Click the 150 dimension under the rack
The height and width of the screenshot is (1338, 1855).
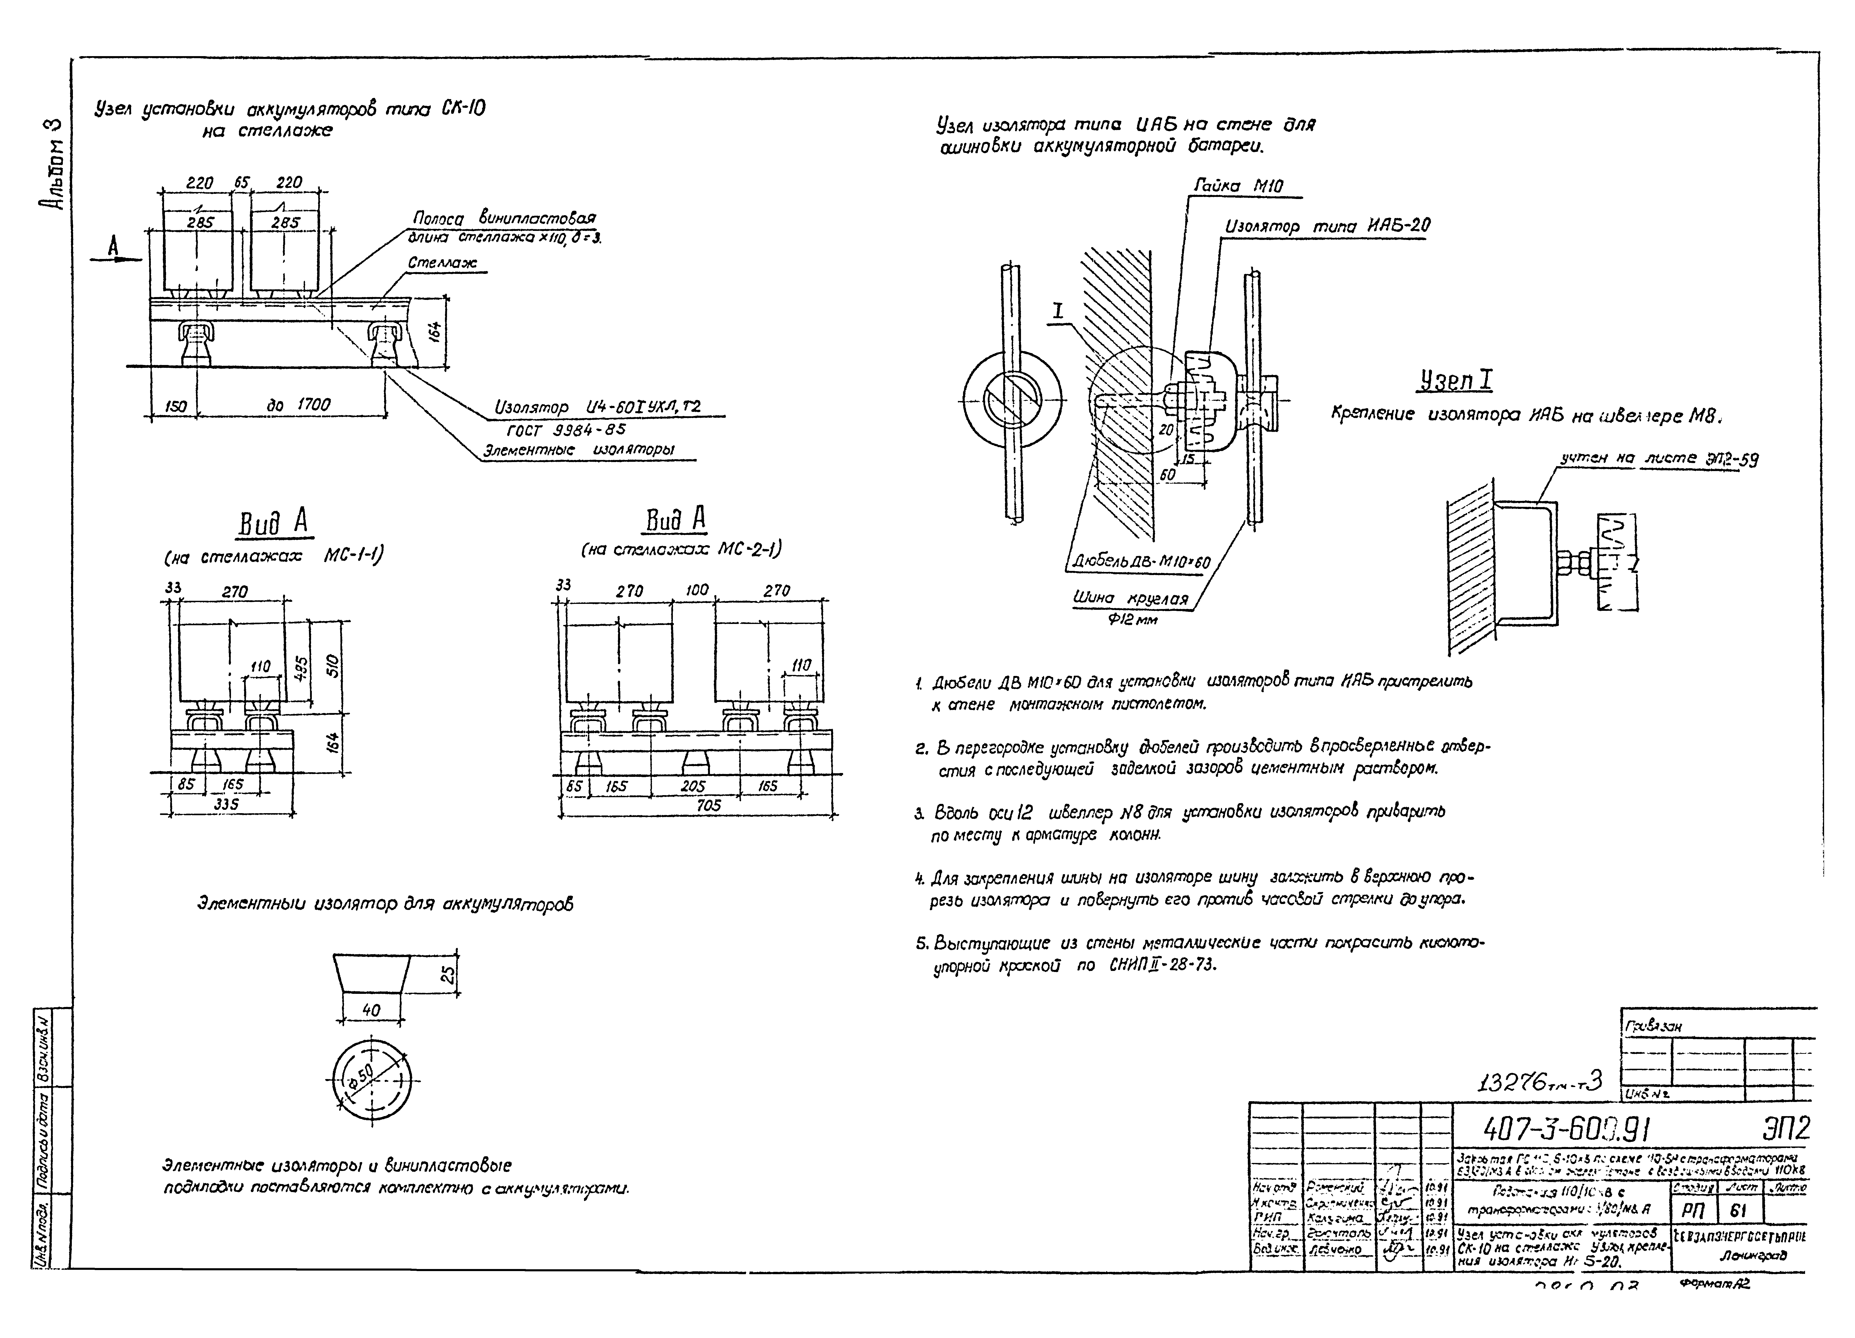pyautogui.click(x=175, y=406)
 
